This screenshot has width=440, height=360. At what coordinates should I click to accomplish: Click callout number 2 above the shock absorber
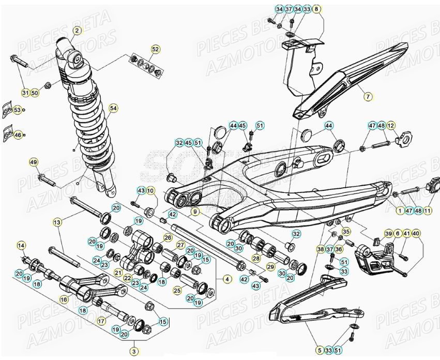77,31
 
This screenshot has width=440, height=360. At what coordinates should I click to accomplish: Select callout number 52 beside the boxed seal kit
155,49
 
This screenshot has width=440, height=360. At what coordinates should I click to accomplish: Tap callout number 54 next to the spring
113,108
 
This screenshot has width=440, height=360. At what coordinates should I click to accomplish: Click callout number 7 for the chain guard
368,96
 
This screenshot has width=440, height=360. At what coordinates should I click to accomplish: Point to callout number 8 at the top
316,9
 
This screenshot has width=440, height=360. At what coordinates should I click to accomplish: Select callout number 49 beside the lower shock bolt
34,163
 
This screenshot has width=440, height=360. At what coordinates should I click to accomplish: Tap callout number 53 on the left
17,110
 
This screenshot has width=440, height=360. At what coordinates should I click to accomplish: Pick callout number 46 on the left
17,135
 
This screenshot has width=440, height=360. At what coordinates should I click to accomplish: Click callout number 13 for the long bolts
57,222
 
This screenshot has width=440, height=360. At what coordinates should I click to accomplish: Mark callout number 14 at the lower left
21,245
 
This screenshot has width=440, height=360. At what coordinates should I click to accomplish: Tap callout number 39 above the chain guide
388,234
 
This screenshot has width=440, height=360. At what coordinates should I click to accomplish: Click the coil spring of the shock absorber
96,129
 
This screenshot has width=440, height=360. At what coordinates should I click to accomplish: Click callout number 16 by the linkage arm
64,299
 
